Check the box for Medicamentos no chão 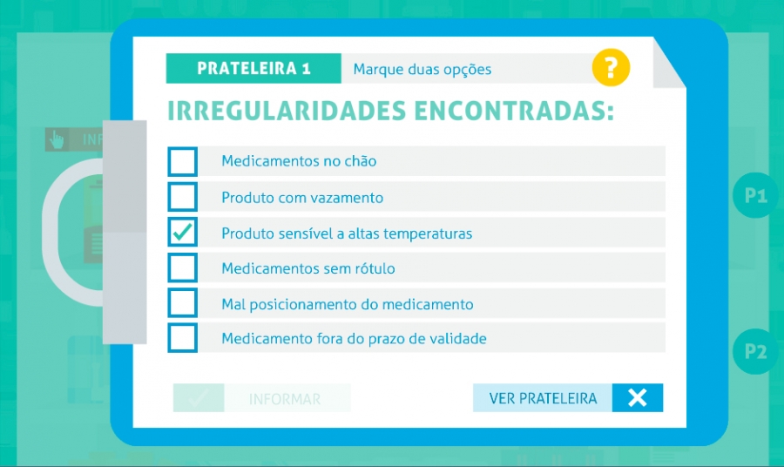(x=183, y=161)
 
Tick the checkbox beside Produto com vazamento (x=183, y=197)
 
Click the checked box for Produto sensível (x=183, y=232)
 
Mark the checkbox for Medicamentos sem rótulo (x=183, y=267)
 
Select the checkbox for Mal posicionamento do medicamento (x=183, y=303)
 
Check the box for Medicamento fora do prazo (x=183, y=338)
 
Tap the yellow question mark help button (x=611, y=67)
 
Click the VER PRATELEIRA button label (x=543, y=398)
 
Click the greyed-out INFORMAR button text (x=285, y=399)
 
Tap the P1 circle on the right (x=756, y=195)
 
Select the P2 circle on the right (x=756, y=351)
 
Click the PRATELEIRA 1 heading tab (x=253, y=69)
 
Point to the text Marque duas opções (x=422, y=70)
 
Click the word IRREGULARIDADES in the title (x=286, y=111)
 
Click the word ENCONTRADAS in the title (x=514, y=111)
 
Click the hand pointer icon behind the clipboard (x=57, y=139)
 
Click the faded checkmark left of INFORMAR (x=199, y=398)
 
